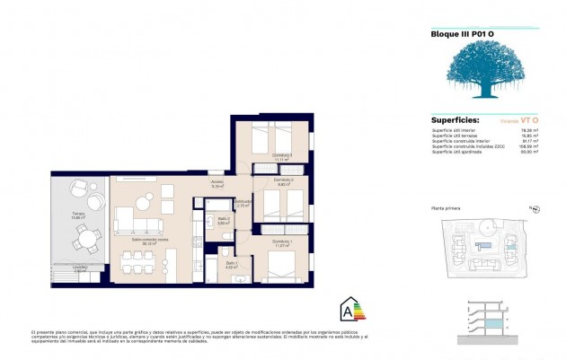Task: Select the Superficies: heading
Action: (455, 119)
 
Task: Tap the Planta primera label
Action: (447, 207)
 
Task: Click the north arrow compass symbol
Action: (535, 208)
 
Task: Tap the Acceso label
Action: (217, 184)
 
